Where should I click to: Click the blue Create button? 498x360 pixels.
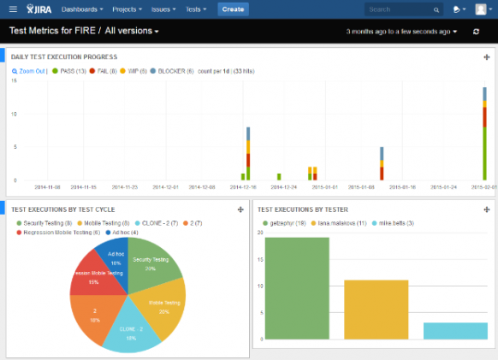pyautogui.click(x=233, y=9)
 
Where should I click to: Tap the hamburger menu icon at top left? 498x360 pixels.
pyautogui.click(x=12, y=9)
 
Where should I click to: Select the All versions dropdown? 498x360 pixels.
pyautogui.click(x=132, y=32)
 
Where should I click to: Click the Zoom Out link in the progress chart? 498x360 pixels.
pyautogui.click(x=31, y=72)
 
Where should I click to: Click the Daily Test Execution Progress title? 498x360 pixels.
pyautogui.click(x=64, y=57)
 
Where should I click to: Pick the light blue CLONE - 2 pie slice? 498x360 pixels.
pyautogui.click(x=130, y=330)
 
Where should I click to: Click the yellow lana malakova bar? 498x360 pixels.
pyautogui.click(x=376, y=310)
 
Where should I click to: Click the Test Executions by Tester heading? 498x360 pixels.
pyautogui.click(x=303, y=209)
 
